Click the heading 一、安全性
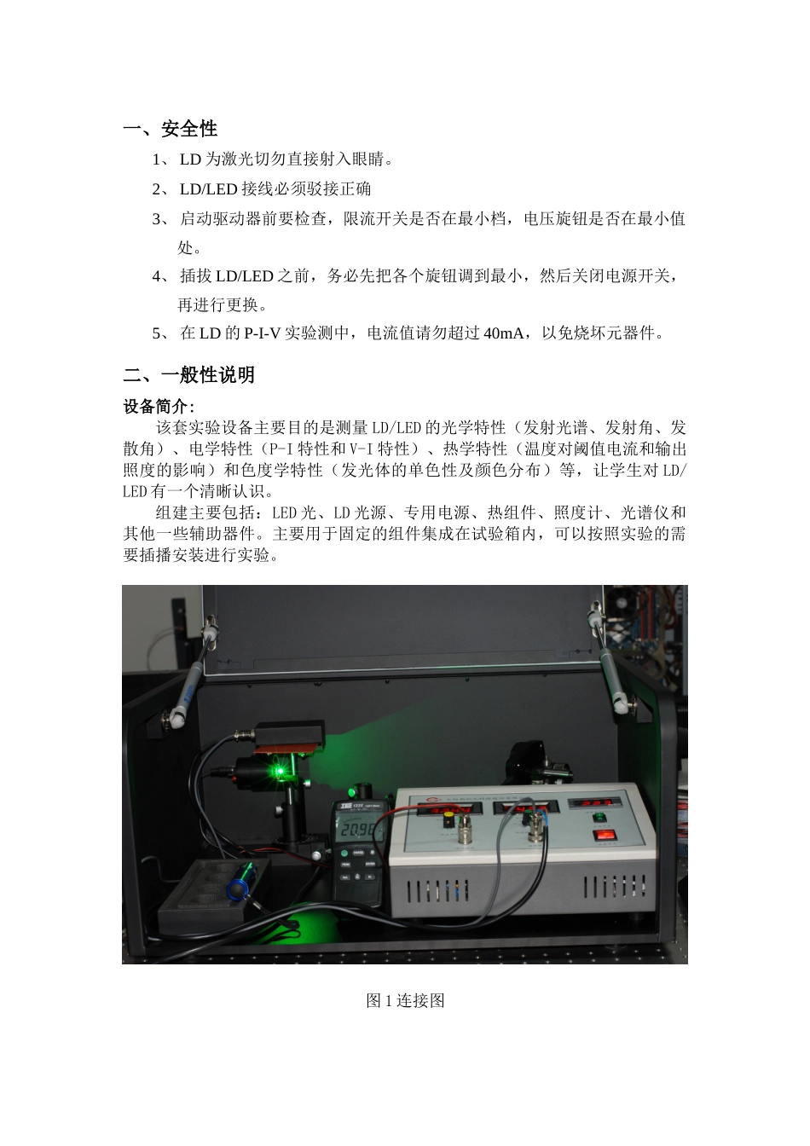171,129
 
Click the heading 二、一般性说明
188,374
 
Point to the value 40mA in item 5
503,333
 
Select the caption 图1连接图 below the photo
405,1000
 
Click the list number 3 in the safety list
158,219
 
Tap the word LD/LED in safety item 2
208,188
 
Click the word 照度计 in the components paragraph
577,513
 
